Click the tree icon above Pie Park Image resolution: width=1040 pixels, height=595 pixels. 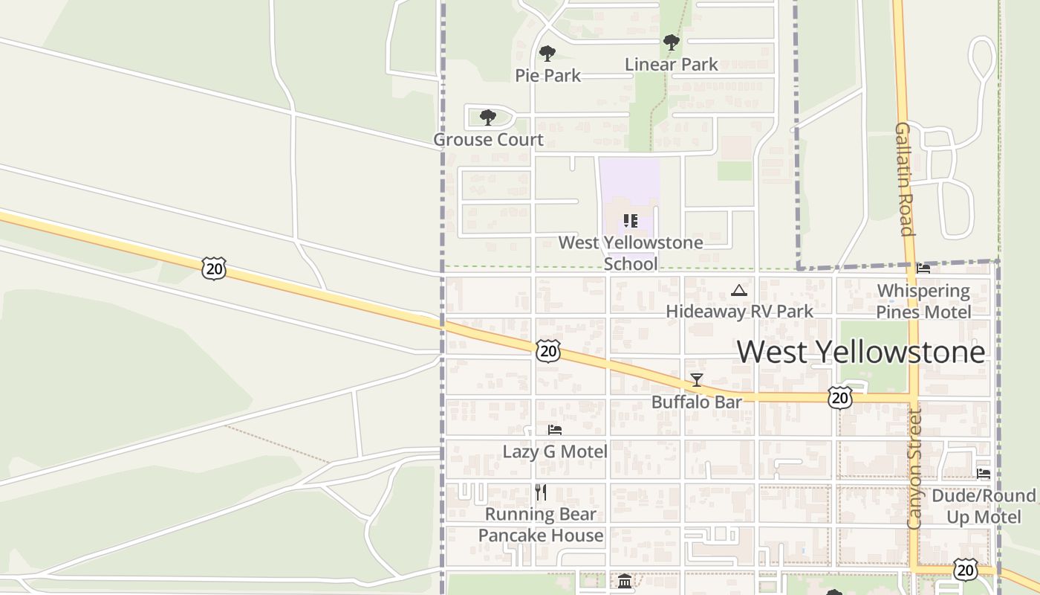547,54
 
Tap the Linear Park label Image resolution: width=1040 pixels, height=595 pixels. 671,65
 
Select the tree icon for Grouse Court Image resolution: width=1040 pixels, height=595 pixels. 488,118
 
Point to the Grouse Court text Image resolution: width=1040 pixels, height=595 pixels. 488,140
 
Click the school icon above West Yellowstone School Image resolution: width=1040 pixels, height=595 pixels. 631,221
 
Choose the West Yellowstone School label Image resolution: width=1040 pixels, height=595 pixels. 631,253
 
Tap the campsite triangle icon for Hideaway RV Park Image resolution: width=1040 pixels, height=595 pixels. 738,290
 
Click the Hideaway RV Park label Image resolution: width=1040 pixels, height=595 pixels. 740,312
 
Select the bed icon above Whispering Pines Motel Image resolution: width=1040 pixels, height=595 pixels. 923,268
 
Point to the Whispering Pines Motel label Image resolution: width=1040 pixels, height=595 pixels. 923,301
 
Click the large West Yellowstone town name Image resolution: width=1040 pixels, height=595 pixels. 861,352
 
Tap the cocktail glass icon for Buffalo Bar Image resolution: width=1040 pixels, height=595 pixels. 697,380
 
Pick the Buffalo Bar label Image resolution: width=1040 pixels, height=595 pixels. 697,402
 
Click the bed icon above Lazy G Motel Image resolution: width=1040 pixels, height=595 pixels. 555,430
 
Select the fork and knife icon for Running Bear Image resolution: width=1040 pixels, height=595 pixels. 541,492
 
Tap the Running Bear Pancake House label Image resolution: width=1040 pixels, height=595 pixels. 541,525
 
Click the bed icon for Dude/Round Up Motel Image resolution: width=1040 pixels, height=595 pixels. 984,474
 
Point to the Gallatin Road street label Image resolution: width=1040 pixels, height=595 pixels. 904,179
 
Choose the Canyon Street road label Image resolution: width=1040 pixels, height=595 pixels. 914,469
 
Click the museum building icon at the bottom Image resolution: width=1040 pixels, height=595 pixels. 625,581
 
